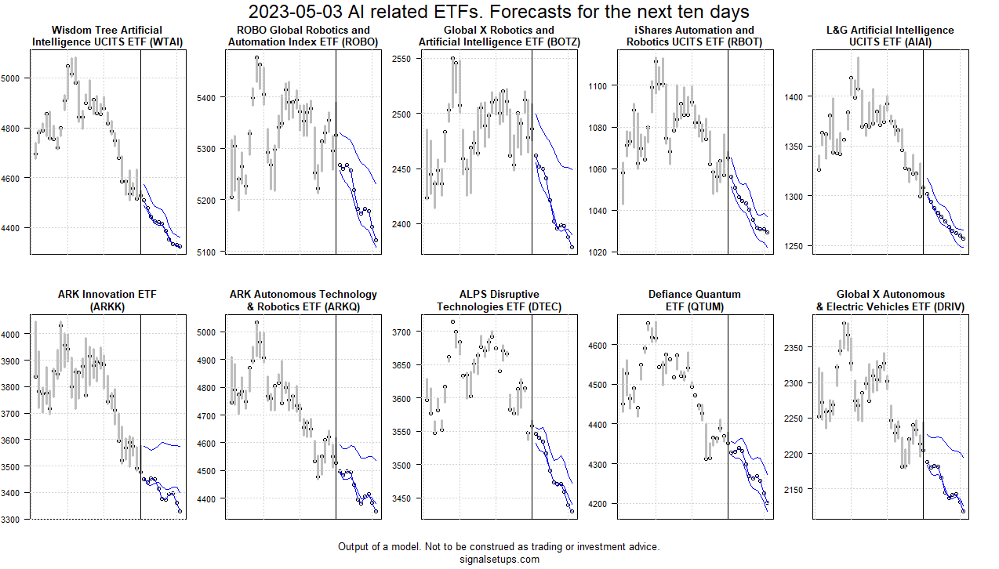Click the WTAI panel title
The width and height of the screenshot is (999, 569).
(108, 36)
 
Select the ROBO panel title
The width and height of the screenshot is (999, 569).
(303, 36)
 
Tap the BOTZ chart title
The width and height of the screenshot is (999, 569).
(499, 36)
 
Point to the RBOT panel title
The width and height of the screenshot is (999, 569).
(695, 36)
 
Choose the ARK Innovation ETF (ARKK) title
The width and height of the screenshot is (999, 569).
(108, 300)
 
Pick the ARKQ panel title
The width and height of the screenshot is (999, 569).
(303, 300)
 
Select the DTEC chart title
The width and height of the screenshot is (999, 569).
(499, 300)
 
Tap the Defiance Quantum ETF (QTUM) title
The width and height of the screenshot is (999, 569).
(695, 300)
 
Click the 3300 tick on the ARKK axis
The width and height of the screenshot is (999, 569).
(16, 519)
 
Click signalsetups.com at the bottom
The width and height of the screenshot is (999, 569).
(499, 559)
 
